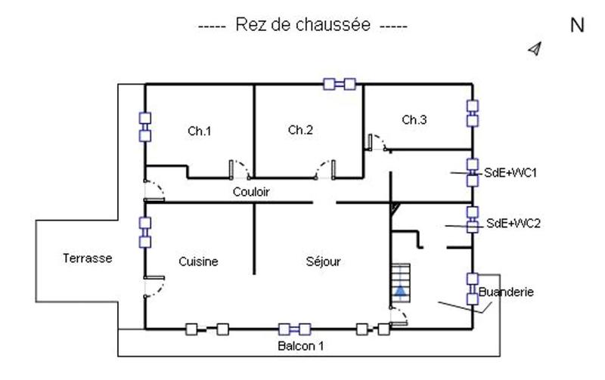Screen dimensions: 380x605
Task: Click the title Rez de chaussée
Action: (x=302, y=26)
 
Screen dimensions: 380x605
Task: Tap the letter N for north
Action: (x=577, y=26)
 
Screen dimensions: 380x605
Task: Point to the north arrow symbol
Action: (x=536, y=49)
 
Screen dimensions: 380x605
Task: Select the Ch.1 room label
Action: (x=199, y=131)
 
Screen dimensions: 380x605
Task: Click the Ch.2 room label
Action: (x=299, y=130)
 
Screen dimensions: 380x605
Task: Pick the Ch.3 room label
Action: (x=414, y=119)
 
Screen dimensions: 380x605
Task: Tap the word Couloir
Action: (x=251, y=192)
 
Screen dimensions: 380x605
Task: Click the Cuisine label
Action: (x=198, y=261)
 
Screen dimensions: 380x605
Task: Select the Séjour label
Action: (x=324, y=261)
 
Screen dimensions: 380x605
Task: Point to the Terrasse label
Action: (x=87, y=258)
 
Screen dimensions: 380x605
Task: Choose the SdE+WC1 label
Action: (x=510, y=173)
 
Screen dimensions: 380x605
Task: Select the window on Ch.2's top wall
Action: (x=340, y=84)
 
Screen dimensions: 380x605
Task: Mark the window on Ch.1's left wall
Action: (x=144, y=127)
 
